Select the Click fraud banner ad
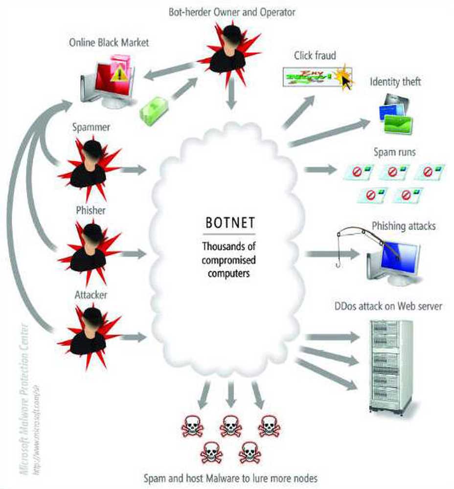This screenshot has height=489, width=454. [313, 75]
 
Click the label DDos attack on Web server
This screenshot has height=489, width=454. [388, 307]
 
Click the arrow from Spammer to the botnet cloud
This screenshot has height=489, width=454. [133, 170]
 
